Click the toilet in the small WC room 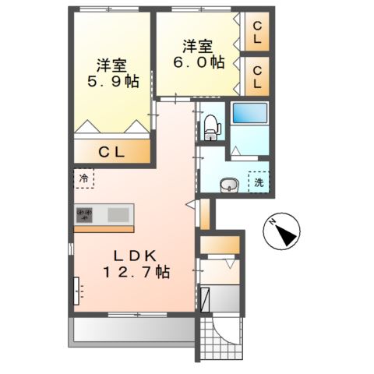[x=210, y=125]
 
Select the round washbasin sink [x=228, y=185]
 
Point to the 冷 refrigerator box [x=84, y=178]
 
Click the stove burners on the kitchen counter [x=86, y=213]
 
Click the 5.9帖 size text [x=112, y=80]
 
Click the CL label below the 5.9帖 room [x=111, y=153]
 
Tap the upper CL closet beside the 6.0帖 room [x=256, y=33]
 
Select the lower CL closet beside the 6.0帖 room [x=256, y=76]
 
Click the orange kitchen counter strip [x=105, y=228]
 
